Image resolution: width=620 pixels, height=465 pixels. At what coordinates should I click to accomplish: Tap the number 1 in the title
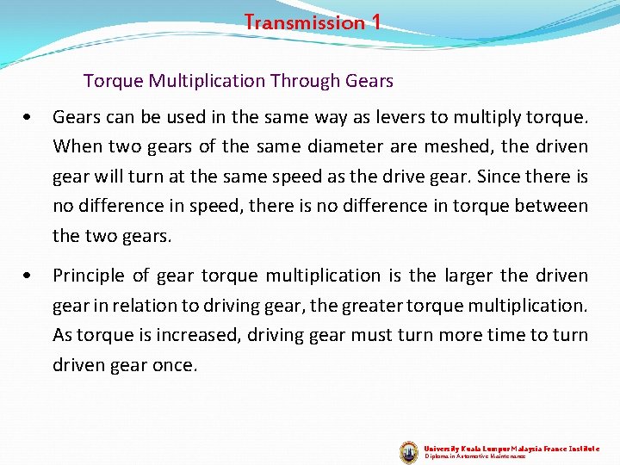[375, 22]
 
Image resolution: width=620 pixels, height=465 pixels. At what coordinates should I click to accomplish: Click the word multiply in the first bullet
[464, 116]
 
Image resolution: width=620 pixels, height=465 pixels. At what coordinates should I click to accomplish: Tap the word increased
[181, 335]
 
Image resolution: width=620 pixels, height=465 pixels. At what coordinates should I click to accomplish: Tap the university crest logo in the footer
[409, 451]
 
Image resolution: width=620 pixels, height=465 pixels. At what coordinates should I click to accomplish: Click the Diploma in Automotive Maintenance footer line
[474, 456]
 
